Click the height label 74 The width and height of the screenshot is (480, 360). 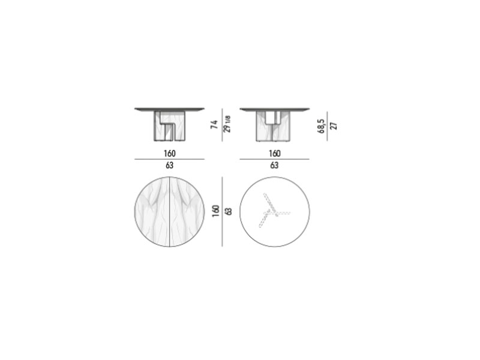(214, 125)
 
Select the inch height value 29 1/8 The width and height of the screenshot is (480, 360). (227, 124)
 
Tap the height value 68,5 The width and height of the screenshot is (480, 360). (321, 126)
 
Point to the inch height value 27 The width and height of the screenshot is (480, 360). (334, 126)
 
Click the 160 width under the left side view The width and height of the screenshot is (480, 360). (170, 154)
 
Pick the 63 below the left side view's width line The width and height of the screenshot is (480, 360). (170, 166)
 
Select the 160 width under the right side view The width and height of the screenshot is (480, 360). (275, 154)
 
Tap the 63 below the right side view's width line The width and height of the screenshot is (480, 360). (274, 166)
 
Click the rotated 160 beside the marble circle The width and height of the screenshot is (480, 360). (216, 211)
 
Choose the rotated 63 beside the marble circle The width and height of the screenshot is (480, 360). (229, 211)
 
